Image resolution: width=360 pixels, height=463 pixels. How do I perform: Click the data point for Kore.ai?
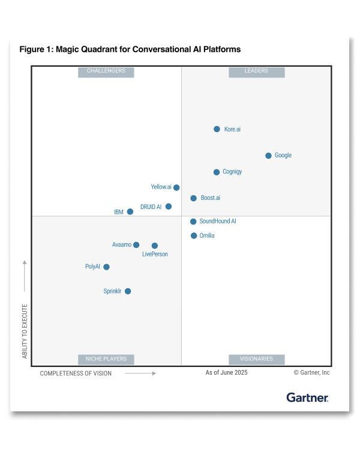(217, 129)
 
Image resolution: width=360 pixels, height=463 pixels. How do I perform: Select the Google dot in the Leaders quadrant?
(268, 156)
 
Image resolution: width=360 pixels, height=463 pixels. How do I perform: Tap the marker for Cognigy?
(217, 172)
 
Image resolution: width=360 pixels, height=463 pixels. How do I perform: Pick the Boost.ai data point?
(193, 198)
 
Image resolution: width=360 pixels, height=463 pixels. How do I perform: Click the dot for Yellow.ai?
(176, 187)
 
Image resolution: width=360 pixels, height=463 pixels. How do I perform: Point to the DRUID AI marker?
(169, 207)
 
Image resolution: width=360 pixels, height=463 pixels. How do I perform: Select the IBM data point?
(130, 211)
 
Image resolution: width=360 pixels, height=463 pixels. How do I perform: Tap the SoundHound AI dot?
(193, 222)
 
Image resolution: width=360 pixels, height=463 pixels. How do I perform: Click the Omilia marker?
(194, 235)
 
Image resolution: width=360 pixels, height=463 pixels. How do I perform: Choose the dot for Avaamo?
(136, 245)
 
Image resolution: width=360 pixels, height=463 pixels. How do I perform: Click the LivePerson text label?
(155, 254)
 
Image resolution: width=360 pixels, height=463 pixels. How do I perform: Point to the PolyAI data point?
(107, 267)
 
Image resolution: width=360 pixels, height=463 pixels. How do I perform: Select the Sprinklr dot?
(128, 291)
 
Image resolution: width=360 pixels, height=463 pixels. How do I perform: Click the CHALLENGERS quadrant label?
(106, 71)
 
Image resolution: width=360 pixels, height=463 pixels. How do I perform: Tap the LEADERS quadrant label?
(256, 71)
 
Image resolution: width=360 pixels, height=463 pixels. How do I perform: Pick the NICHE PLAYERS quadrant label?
(106, 359)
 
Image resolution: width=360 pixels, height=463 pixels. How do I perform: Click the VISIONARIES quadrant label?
(256, 359)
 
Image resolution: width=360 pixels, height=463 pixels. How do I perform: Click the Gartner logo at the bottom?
(307, 398)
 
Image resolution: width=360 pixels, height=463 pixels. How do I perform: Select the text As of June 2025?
(226, 373)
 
